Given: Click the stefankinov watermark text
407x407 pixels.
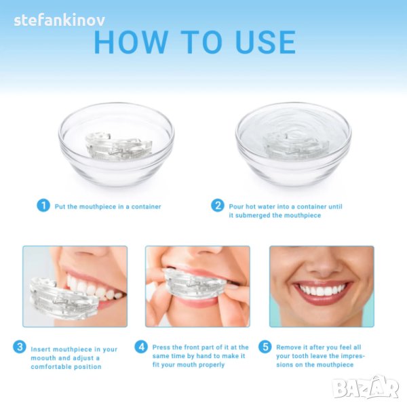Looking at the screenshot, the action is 60,20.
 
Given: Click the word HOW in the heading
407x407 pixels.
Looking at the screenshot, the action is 130,42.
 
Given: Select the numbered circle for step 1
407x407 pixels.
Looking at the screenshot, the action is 43,206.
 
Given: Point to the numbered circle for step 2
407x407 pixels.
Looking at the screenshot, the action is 218,206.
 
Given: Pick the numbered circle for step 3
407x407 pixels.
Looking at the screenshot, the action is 20,347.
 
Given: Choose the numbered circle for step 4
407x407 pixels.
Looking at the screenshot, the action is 141,347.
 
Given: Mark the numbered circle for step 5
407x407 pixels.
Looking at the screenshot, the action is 265,347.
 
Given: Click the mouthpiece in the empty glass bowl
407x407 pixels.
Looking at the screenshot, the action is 118,147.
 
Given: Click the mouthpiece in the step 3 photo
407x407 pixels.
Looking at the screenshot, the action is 64,298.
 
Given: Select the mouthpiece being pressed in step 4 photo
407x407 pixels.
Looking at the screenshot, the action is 197,285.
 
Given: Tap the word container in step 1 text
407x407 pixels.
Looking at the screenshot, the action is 146,207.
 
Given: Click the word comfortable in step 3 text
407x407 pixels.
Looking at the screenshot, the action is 51,367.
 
